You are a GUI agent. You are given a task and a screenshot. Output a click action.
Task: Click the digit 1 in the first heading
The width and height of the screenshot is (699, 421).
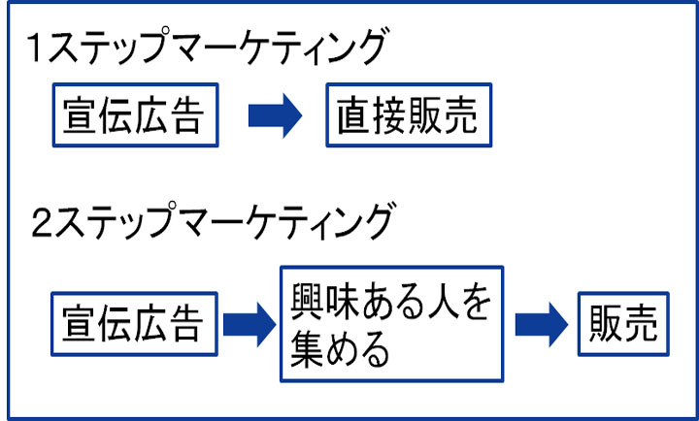37,49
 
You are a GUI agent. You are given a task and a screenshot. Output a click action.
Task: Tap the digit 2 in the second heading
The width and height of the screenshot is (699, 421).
40,222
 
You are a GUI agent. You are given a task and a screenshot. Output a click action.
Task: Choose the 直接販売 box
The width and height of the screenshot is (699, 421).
408,117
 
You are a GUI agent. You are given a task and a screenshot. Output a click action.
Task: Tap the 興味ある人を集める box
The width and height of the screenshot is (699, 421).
391,323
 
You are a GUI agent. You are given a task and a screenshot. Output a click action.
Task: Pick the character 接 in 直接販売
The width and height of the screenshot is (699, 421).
390,117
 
